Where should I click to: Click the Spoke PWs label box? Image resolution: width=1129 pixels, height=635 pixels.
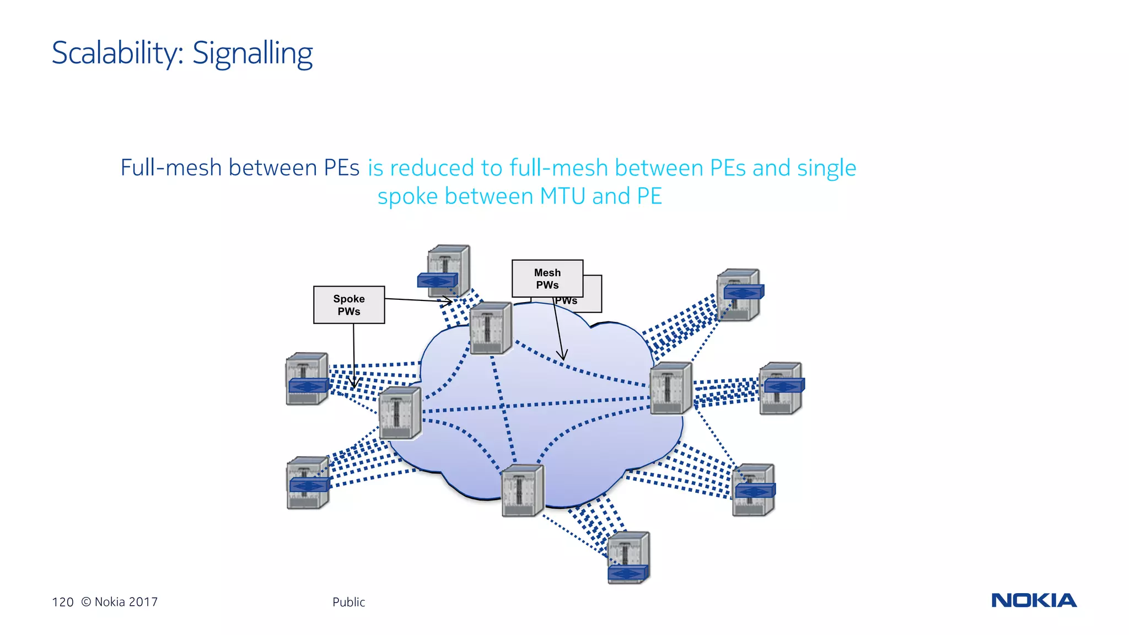pyautogui.click(x=349, y=305)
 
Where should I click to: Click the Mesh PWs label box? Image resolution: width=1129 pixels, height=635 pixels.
pyautogui.click(x=547, y=278)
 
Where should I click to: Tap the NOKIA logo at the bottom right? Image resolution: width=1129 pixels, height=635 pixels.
pyautogui.click(x=1034, y=600)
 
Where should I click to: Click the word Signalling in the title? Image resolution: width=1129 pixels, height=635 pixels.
pyautogui.click(x=252, y=53)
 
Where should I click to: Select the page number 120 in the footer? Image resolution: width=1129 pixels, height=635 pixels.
pyautogui.click(x=62, y=602)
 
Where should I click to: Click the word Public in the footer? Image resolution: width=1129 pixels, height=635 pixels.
pyautogui.click(x=348, y=602)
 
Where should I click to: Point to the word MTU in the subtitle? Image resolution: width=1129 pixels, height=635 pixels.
pyautogui.click(x=562, y=196)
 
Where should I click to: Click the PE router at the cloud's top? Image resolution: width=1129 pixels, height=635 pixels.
pyautogui.click(x=491, y=328)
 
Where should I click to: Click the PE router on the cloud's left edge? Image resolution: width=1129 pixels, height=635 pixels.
pyautogui.click(x=400, y=413)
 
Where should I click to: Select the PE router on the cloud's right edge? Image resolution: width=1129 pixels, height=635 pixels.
pyautogui.click(x=670, y=388)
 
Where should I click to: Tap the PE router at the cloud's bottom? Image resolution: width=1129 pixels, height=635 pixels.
pyautogui.click(x=523, y=490)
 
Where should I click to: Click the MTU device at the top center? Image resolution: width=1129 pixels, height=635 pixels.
pyautogui.click(x=448, y=271)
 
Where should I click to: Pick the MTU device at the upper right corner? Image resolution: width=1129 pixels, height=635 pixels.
pyautogui.click(x=739, y=294)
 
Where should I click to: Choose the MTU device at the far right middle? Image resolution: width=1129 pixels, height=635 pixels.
pyautogui.click(x=781, y=388)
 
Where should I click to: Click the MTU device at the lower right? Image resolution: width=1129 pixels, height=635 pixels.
pyautogui.click(x=754, y=489)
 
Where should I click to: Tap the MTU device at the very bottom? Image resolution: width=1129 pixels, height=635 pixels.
pyautogui.click(x=628, y=557)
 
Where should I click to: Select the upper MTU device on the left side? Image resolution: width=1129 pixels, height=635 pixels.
pyautogui.click(x=307, y=379)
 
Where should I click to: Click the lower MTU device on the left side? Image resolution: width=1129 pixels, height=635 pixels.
pyautogui.click(x=308, y=482)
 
